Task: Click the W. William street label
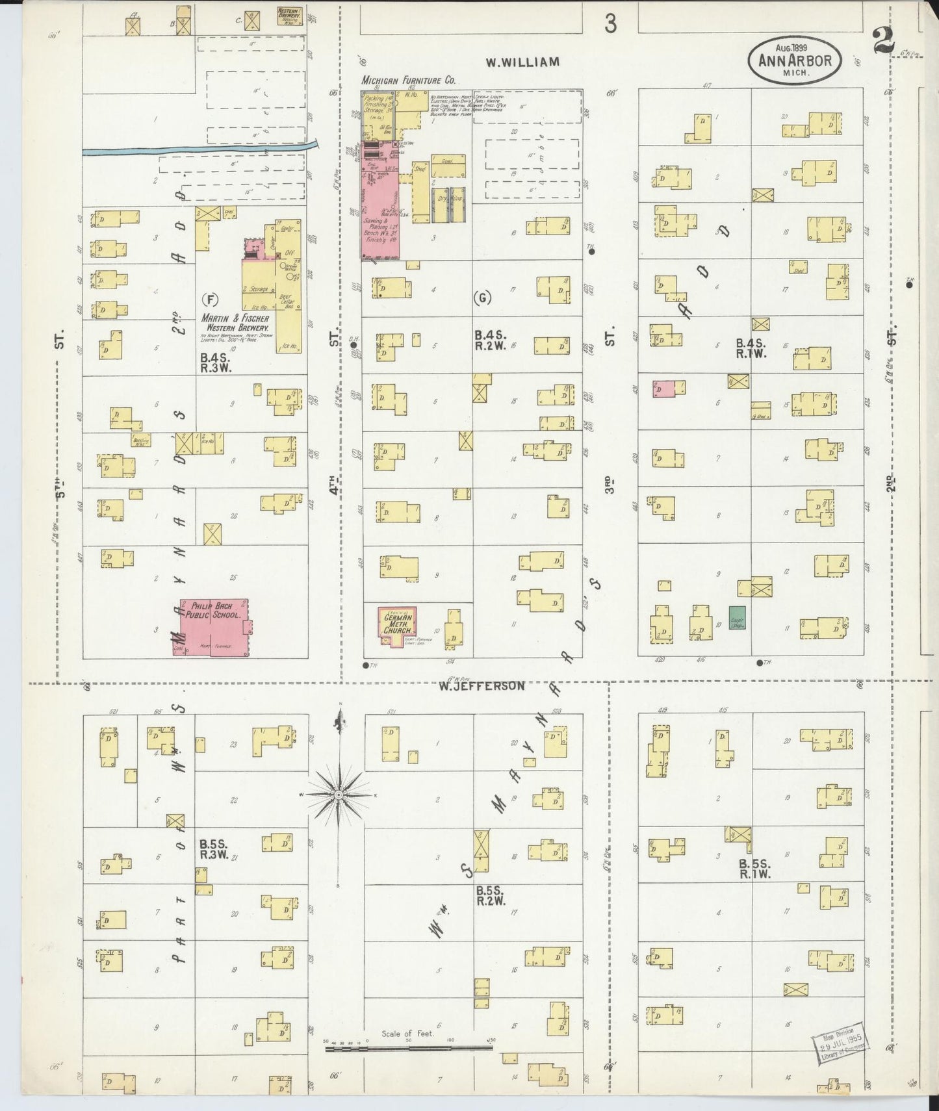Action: (x=522, y=62)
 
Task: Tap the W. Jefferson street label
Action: (x=480, y=685)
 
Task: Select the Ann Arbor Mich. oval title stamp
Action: (x=795, y=60)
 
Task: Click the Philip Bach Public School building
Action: (x=214, y=626)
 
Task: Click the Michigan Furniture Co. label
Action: (x=408, y=81)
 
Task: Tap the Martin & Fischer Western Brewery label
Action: (x=235, y=323)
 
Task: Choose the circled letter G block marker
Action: (x=482, y=298)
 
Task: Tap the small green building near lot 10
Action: (x=736, y=617)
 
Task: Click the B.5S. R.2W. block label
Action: (x=490, y=895)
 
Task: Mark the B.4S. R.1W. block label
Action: (x=752, y=348)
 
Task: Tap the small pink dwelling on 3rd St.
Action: (x=664, y=388)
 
